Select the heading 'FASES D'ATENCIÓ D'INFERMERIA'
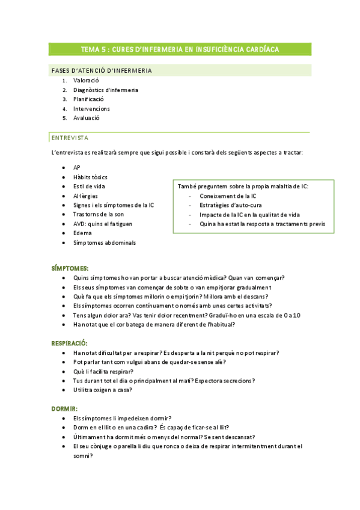102,71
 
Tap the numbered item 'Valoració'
86,81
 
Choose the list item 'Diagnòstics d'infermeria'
106,90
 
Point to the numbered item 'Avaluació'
87,118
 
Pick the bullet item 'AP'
76,167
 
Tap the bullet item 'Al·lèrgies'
85,195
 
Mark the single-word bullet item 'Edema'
82,233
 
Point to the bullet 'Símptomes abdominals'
104,242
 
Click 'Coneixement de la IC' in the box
228,195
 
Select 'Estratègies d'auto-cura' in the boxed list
231,205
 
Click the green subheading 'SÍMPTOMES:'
70,267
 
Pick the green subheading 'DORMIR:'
64,408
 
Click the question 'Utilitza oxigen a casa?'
103,390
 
